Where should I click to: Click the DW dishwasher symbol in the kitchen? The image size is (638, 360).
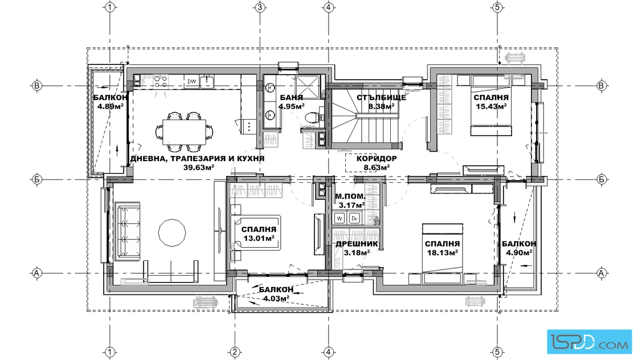(x=192, y=81)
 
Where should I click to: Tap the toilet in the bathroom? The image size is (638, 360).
(x=312, y=118)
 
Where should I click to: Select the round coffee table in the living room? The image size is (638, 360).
(x=171, y=232)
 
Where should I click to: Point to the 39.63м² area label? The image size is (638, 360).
(x=198, y=167)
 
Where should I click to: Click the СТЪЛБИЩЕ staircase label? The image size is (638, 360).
(x=381, y=97)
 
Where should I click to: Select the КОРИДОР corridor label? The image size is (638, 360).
(x=377, y=159)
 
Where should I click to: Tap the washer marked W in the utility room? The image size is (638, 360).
(x=340, y=218)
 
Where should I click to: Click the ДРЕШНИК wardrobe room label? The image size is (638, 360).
(x=357, y=244)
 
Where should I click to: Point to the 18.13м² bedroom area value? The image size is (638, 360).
(x=442, y=252)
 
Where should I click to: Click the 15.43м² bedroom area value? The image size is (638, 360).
(x=491, y=106)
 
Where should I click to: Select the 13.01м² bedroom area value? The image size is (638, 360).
(x=259, y=238)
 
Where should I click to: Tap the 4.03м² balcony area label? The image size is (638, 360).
(x=276, y=298)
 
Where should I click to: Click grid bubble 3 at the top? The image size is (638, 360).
(x=260, y=7)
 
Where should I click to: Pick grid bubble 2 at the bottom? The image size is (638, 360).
(x=234, y=352)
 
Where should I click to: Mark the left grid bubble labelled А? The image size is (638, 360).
(x=36, y=273)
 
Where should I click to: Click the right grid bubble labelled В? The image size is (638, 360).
(x=602, y=85)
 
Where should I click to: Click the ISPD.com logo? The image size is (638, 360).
(x=590, y=341)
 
